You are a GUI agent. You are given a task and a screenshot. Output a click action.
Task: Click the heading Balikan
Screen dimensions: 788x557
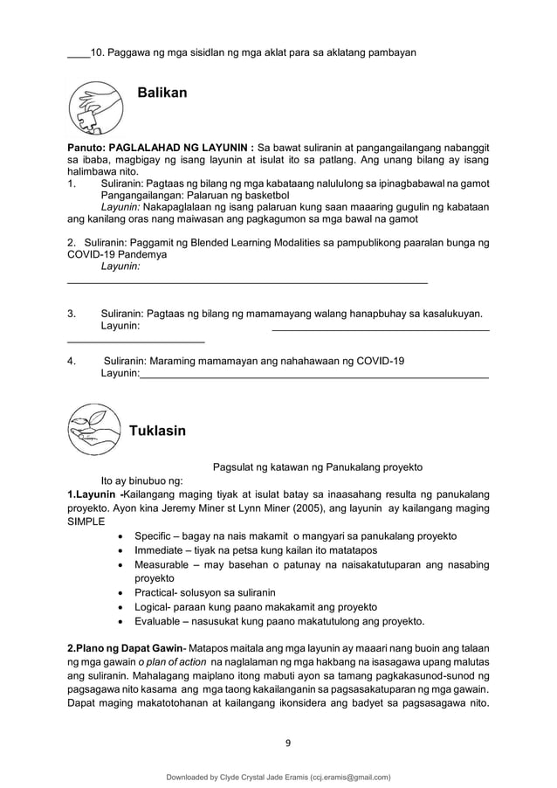pyautogui.click(x=162, y=93)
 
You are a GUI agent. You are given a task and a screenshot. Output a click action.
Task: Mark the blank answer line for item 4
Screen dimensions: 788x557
pyautogui.click(x=313, y=376)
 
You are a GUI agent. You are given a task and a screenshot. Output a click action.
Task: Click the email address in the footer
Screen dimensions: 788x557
pyautogui.click(x=344, y=776)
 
